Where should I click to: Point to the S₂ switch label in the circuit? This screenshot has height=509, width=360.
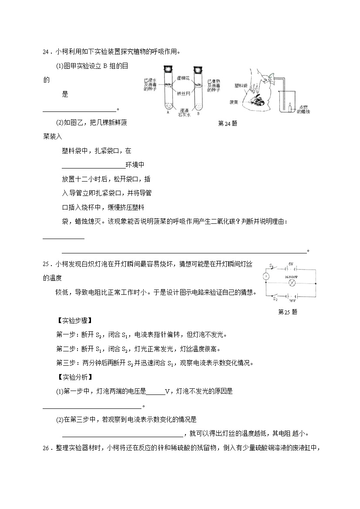(275, 298)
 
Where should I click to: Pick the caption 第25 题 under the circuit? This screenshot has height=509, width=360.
(287, 312)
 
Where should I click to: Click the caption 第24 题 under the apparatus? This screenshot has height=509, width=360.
(227, 123)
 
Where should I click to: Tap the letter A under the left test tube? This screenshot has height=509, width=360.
(168, 113)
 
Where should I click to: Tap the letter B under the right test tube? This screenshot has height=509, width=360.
(199, 113)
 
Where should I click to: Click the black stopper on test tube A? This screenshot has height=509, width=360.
(168, 69)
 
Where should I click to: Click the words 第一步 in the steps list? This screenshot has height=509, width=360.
(65, 335)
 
